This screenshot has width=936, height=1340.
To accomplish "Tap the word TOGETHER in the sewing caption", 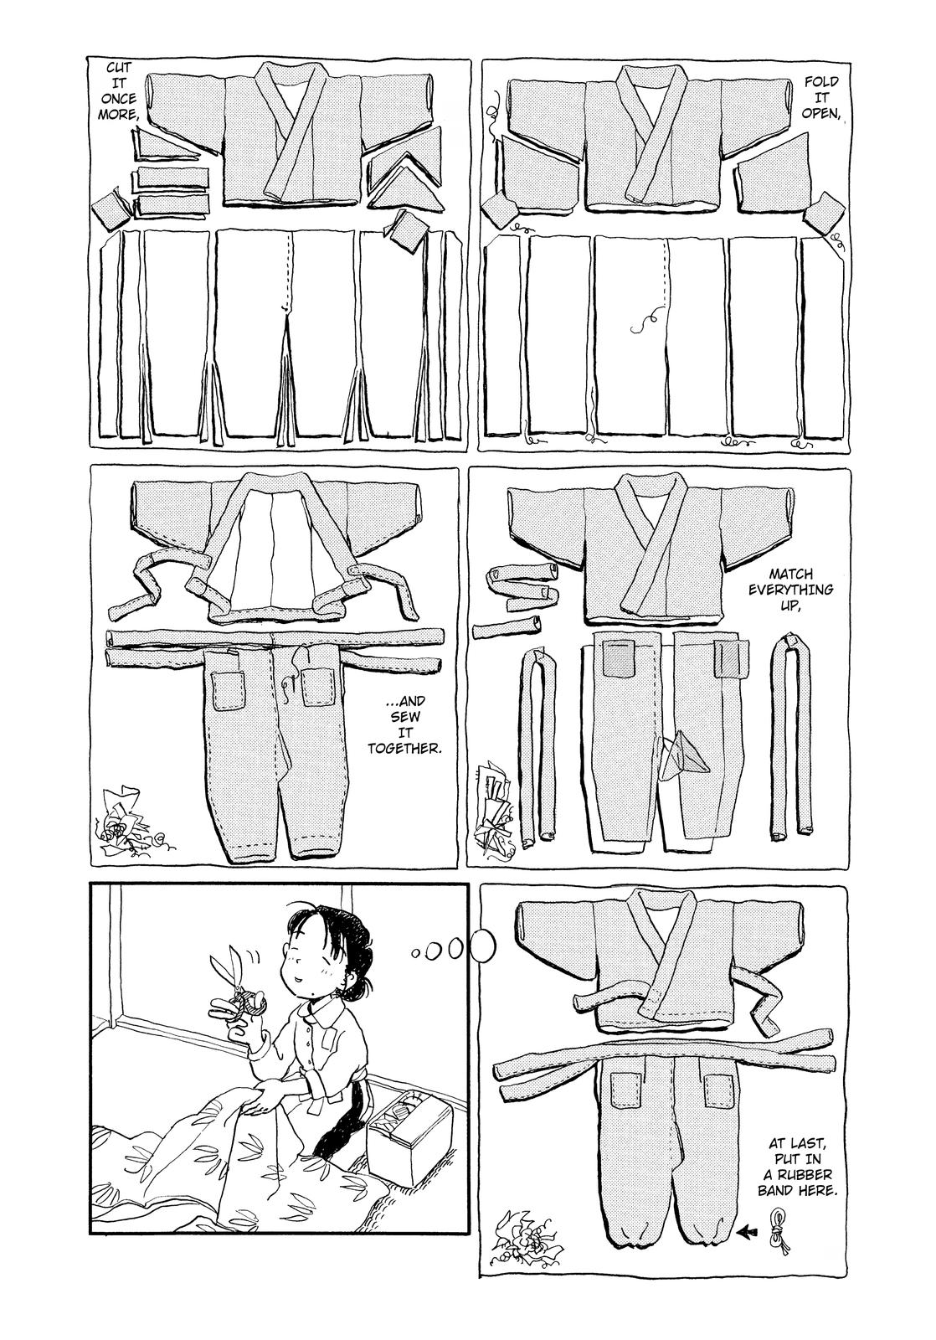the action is pyautogui.click(x=404, y=749).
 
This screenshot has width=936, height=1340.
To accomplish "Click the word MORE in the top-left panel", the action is pyautogui.click(x=118, y=113).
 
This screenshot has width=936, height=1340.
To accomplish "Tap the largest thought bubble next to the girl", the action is pyautogui.click(x=483, y=944).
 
